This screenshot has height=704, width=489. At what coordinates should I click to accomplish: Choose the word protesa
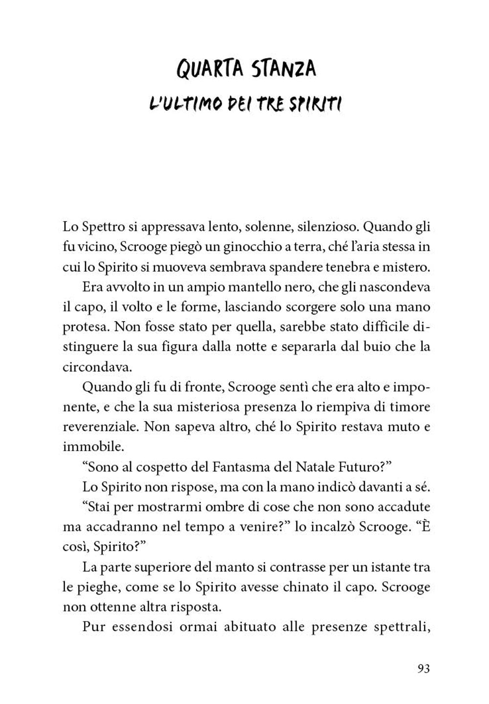coord(81,327)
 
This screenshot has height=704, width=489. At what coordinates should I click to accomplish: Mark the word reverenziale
coord(101,426)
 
